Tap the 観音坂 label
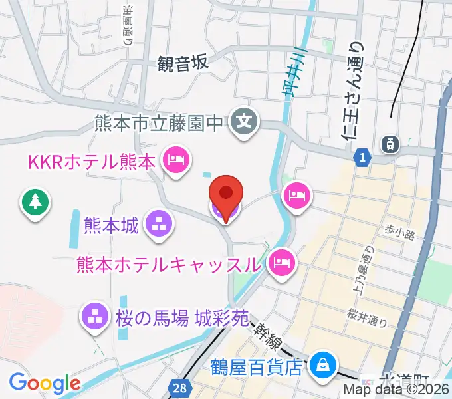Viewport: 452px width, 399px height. pyautogui.click(x=183, y=63)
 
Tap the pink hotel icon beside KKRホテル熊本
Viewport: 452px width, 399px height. pyautogui.click(x=176, y=160)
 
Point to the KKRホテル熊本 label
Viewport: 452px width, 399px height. pyautogui.click(x=91, y=161)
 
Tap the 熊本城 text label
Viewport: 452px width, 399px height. pyautogui.click(x=112, y=225)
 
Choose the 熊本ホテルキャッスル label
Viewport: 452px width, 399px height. pyautogui.click(x=168, y=263)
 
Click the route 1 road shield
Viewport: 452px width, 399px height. pyautogui.click(x=362, y=156)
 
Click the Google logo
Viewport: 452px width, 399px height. pyautogui.click(x=45, y=384)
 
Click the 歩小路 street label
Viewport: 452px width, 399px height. pyautogui.click(x=399, y=233)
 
